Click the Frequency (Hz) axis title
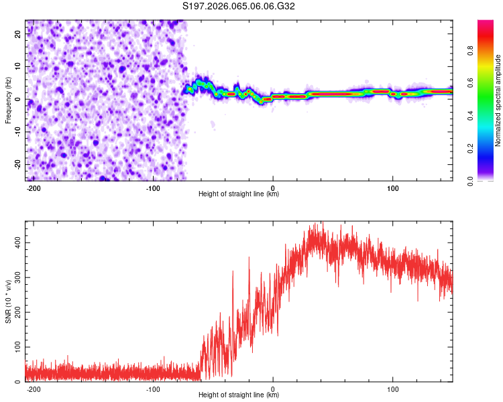tap(8, 100)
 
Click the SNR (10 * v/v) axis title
tap(8, 300)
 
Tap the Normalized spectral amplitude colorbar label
tap(498, 100)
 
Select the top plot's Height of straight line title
tap(239, 194)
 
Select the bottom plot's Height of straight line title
tap(239, 395)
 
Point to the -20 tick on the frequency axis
tap(17, 164)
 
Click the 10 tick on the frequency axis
tap(19, 67)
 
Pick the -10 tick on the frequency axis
tap(17, 132)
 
